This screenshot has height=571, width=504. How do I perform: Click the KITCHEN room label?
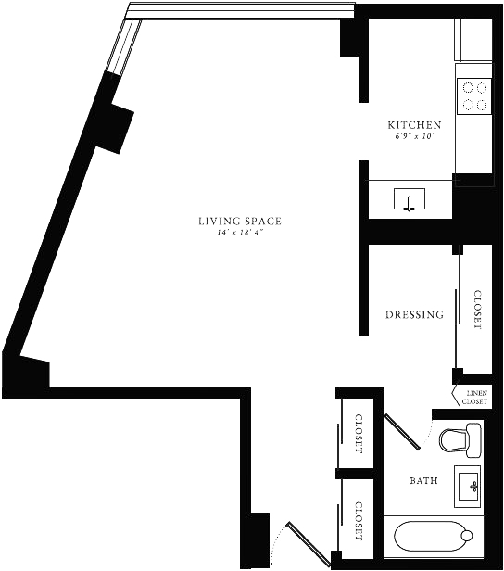(x=414, y=125)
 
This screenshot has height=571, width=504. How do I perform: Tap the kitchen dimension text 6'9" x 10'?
(x=414, y=137)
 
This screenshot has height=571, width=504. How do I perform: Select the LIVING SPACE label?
(x=240, y=221)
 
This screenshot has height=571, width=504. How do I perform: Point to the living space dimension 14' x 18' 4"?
(x=240, y=233)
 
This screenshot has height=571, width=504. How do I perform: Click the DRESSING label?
(x=414, y=314)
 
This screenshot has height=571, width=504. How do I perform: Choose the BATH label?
(x=424, y=481)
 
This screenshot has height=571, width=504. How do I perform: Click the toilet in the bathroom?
(x=460, y=440)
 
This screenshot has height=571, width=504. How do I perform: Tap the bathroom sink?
(x=468, y=486)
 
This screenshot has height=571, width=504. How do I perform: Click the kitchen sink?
(x=409, y=199)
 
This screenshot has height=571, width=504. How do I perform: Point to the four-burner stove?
(x=474, y=96)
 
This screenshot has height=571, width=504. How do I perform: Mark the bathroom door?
(x=403, y=431)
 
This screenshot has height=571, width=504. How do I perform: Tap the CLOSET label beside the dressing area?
(x=477, y=310)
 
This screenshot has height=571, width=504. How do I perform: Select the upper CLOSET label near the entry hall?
(x=359, y=434)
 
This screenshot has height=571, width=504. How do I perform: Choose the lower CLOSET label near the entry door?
(x=359, y=521)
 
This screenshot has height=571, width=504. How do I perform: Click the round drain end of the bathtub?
(x=466, y=536)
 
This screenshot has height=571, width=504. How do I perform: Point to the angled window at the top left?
(x=123, y=46)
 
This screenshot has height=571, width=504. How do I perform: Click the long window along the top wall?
(x=240, y=11)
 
